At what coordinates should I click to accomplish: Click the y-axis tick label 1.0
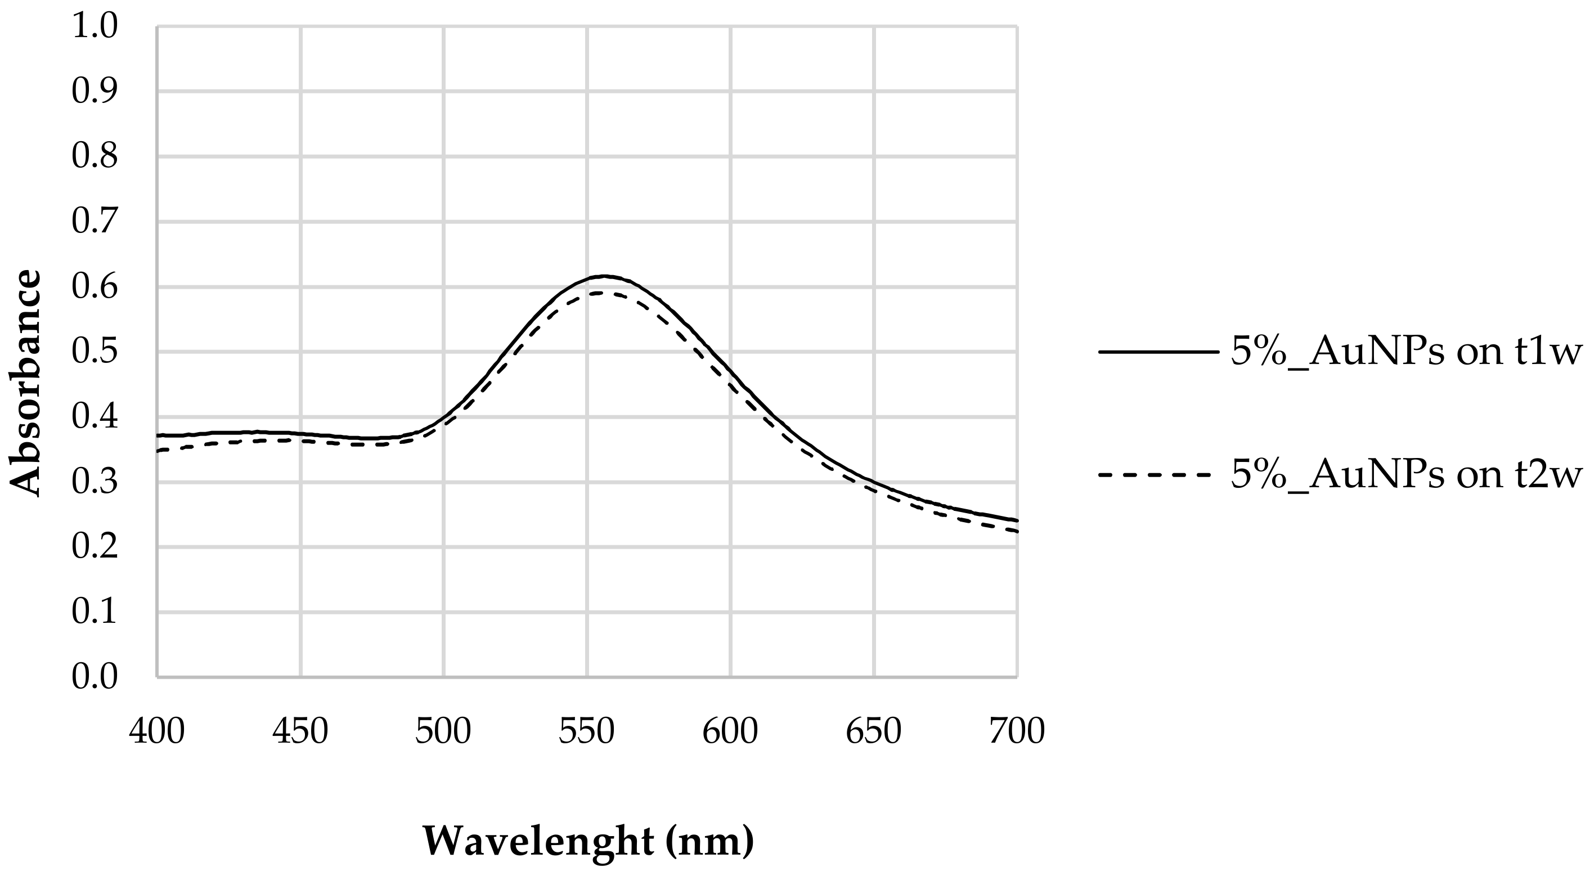click(94, 27)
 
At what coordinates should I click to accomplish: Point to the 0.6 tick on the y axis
click(94, 288)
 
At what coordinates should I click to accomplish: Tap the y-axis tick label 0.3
click(94, 483)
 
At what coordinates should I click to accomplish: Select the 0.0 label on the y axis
click(94, 677)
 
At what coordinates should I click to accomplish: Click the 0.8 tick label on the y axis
click(94, 158)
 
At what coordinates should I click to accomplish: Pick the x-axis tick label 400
click(157, 731)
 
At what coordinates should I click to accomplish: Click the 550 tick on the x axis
click(587, 731)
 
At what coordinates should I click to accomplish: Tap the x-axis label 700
click(1017, 731)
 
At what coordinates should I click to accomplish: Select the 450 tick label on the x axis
click(300, 731)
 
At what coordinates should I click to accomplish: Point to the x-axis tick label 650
click(873, 731)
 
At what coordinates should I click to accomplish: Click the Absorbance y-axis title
click(26, 383)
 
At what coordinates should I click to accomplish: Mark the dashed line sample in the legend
click(1158, 475)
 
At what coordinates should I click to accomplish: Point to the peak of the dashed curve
click(602, 293)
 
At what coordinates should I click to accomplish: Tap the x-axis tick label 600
click(730, 731)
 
